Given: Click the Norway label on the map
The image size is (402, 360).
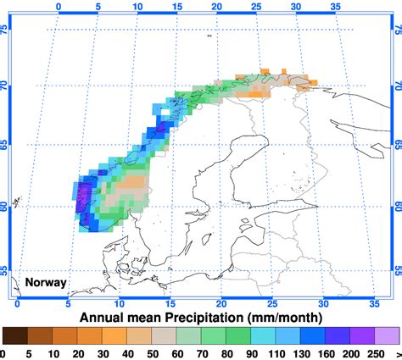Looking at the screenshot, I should pyautogui.click(x=46, y=282).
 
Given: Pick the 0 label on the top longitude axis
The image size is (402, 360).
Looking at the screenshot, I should pyautogui.click(x=59, y=5).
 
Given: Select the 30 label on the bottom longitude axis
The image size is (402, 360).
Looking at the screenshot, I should pyautogui.click(x=323, y=302).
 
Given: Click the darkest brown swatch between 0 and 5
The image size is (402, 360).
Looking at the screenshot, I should pyautogui.click(x=15, y=336).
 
